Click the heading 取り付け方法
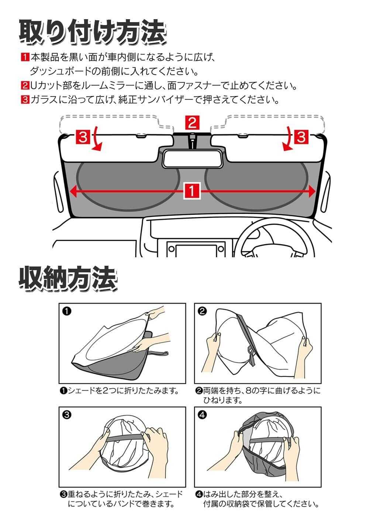(92, 33)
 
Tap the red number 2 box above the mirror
(192, 123)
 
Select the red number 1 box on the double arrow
(192, 191)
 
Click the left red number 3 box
(83, 137)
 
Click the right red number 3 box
(301, 137)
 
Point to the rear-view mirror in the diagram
(192, 158)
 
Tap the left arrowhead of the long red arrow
(73, 191)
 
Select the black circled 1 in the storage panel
(66, 311)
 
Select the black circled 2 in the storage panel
(202, 311)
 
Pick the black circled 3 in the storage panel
(66, 415)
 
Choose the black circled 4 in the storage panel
(202, 415)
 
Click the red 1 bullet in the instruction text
(25, 57)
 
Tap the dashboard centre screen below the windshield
(196, 250)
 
